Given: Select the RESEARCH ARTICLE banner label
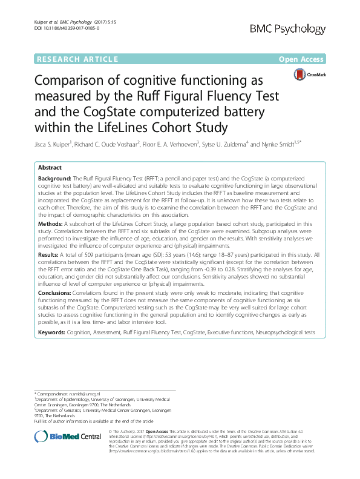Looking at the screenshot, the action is [x=77, y=59].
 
